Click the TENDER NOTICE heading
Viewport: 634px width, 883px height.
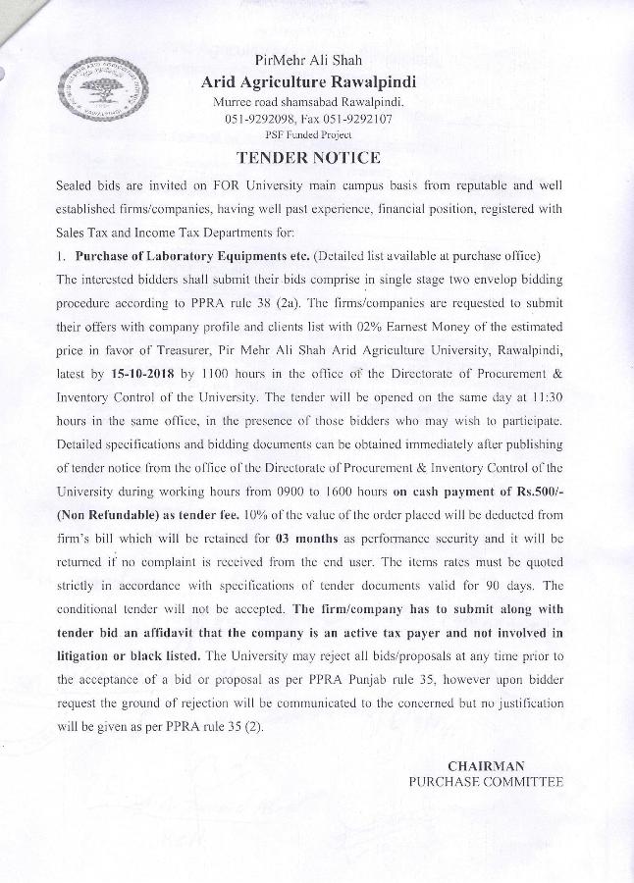tap(308, 157)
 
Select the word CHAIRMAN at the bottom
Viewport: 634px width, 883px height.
tap(486, 765)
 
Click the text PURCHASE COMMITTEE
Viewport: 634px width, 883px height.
tap(486, 781)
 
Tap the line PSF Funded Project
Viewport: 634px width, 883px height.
tap(308, 134)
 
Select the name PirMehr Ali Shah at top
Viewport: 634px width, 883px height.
tap(308, 58)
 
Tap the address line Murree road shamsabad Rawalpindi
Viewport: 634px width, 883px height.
tap(308, 102)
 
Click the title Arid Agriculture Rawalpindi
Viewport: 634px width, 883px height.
tap(308, 80)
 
